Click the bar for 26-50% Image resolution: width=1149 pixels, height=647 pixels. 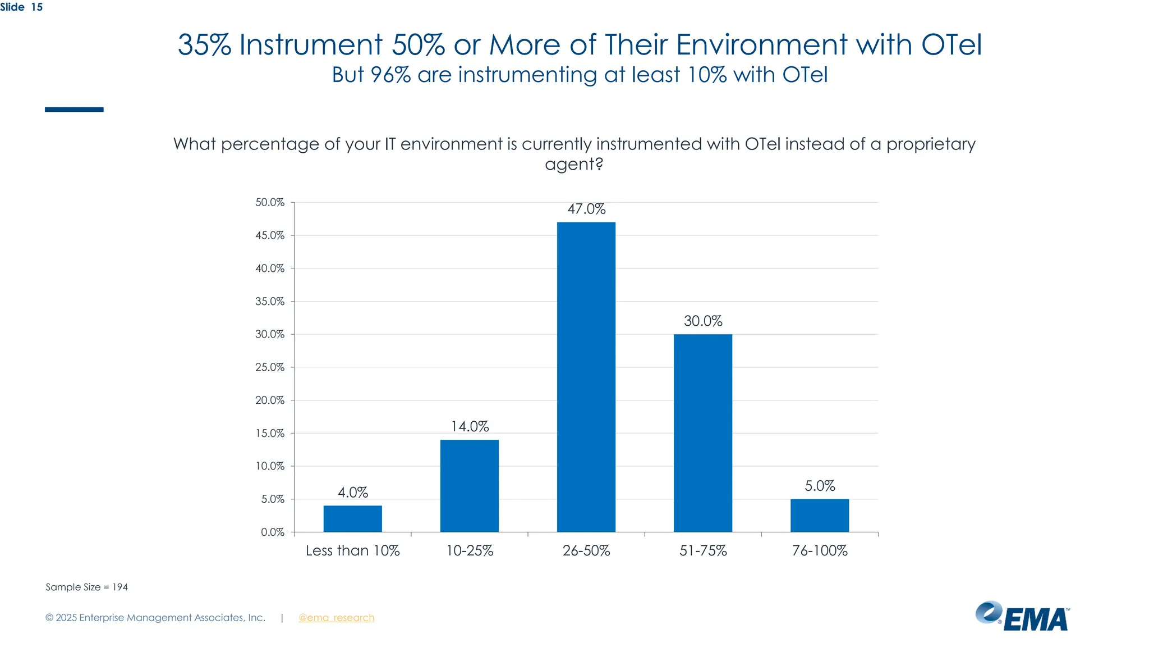(x=586, y=376)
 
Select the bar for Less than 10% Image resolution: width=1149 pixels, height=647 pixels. (x=352, y=518)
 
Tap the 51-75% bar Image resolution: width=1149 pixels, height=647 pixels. (x=702, y=432)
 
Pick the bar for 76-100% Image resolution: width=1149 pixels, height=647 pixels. (x=819, y=515)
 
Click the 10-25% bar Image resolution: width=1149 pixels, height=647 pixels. (x=469, y=485)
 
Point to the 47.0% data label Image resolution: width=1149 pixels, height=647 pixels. (x=586, y=209)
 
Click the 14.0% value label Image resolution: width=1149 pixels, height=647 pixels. (x=470, y=426)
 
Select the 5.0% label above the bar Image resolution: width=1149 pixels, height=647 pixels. (x=820, y=486)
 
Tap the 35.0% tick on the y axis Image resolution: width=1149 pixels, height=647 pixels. (x=270, y=302)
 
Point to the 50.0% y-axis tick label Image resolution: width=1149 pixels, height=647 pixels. (x=270, y=202)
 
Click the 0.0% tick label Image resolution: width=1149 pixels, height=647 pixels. (x=273, y=532)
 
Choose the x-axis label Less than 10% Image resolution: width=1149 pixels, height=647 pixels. (x=352, y=550)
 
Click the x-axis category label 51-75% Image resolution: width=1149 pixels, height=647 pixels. (x=702, y=550)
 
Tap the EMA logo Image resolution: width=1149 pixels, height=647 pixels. (x=1022, y=617)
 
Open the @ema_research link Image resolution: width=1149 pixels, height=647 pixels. (x=336, y=618)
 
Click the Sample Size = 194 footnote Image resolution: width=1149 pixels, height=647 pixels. (x=86, y=587)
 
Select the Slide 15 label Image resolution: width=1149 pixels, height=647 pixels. (x=21, y=7)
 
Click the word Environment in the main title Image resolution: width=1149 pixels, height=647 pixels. (x=761, y=45)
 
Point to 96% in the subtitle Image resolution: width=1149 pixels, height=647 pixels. (x=390, y=75)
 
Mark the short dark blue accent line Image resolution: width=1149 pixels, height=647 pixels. (x=74, y=110)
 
